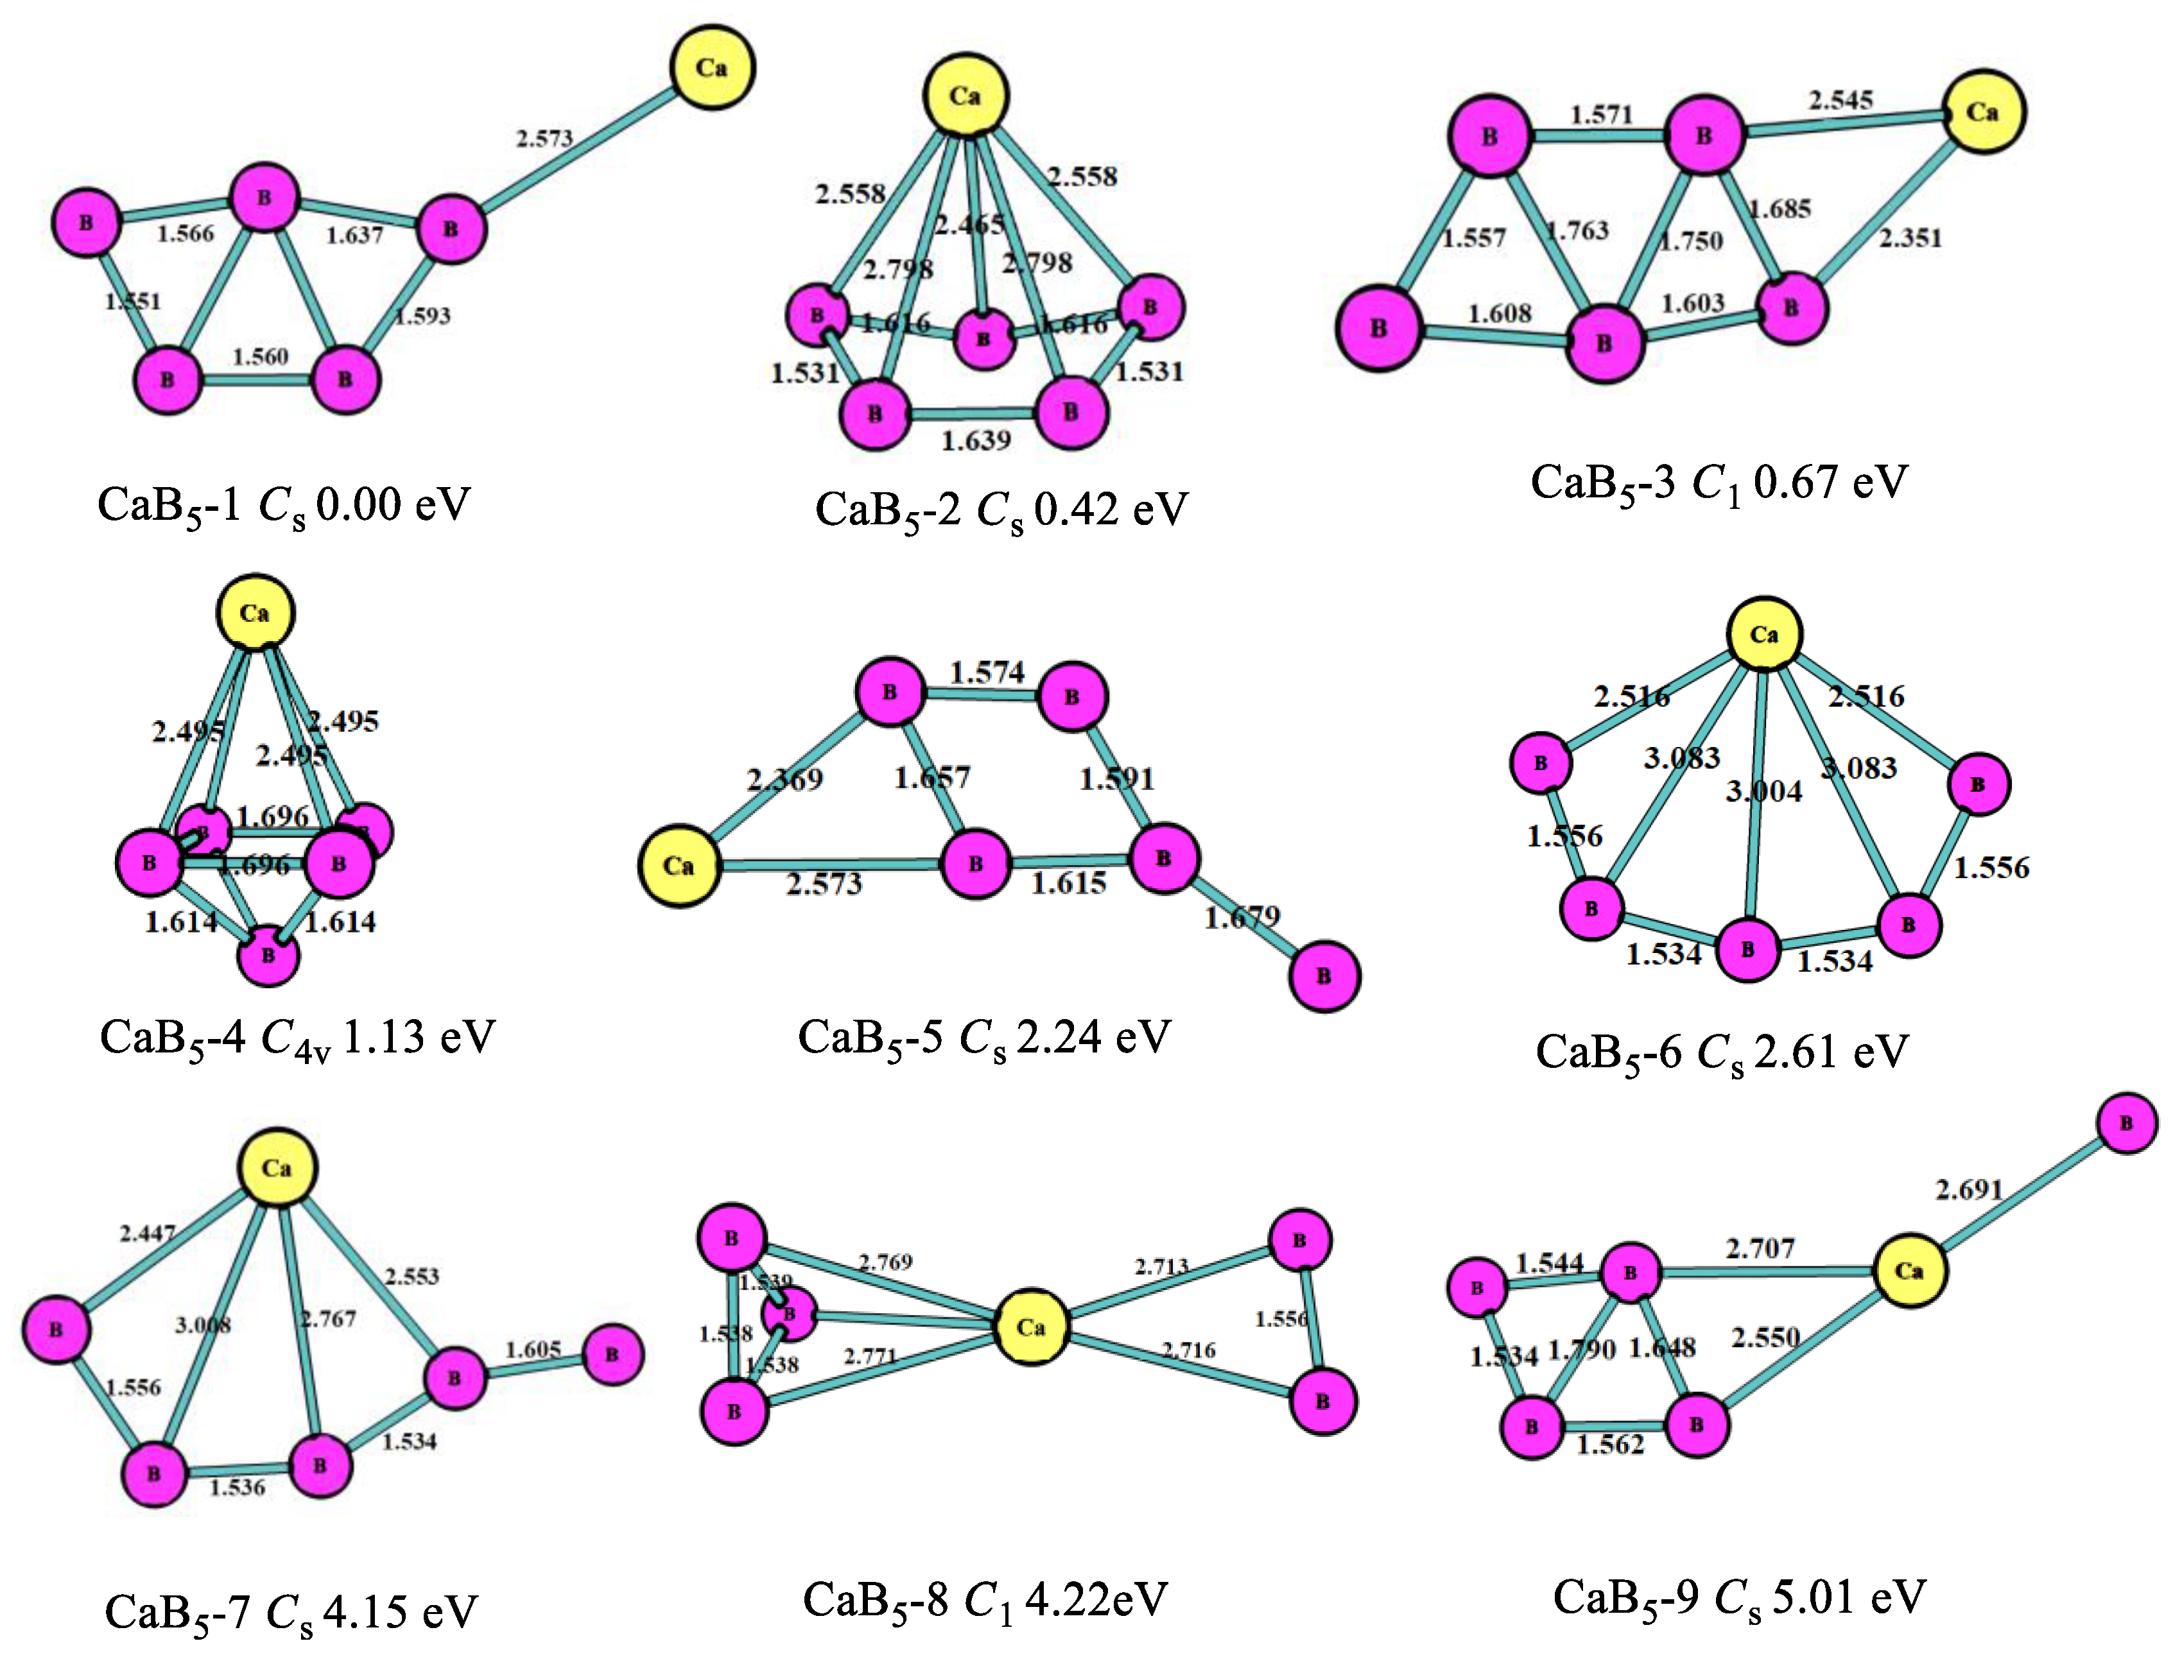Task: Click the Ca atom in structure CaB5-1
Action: pyautogui.click(x=712, y=68)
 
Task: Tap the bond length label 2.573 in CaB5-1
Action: pyautogui.click(x=544, y=138)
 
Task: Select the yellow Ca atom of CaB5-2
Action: pyautogui.click(x=965, y=96)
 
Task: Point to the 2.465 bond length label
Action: pyautogui.click(x=969, y=225)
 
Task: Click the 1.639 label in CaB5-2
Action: pyautogui.click(x=976, y=441)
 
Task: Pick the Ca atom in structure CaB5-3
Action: pyautogui.click(x=1983, y=112)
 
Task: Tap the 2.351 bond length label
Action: pyautogui.click(x=1910, y=237)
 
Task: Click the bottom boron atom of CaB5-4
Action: pyautogui.click(x=268, y=955)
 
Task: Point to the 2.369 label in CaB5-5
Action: pyautogui.click(x=784, y=780)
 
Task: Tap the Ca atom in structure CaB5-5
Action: pyautogui.click(x=679, y=866)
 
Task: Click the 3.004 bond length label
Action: pyautogui.click(x=1763, y=791)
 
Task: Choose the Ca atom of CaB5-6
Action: pyautogui.click(x=1763, y=634)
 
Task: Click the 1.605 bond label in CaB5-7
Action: pyautogui.click(x=533, y=1349)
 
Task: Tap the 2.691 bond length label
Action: pyautogui.click(x=1969, y=1190)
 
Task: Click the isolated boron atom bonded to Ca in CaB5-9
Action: pyautogui.click(x=2127, y=1122)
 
